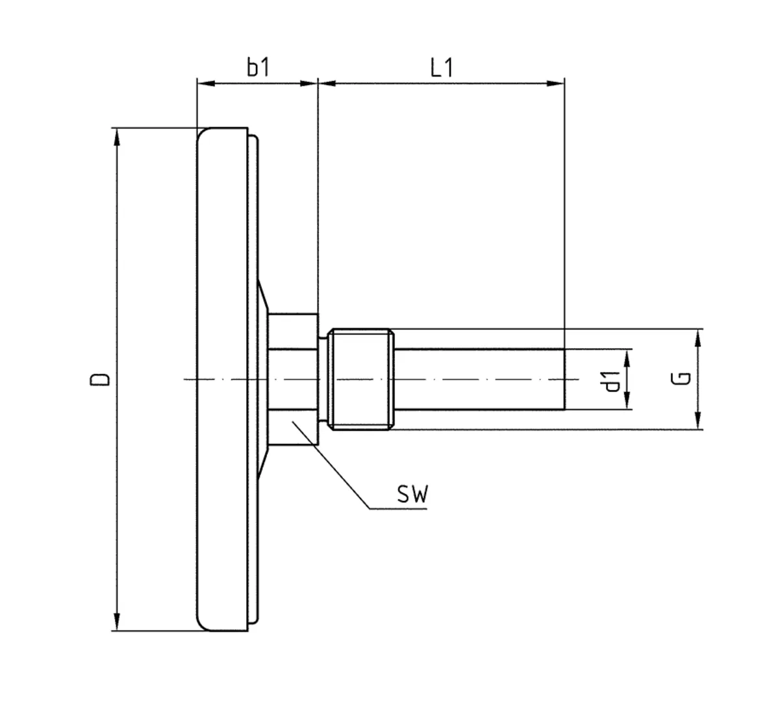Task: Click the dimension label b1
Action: [258, 68]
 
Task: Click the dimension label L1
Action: [442, 68]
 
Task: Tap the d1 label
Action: [610, 380]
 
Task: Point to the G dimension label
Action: [680, 379]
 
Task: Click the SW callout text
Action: [413, 495]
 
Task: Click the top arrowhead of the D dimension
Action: [117, 135]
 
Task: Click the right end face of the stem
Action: [564, 379]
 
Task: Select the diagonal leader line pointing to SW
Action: [331, 465]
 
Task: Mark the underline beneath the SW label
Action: [398, 509]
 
